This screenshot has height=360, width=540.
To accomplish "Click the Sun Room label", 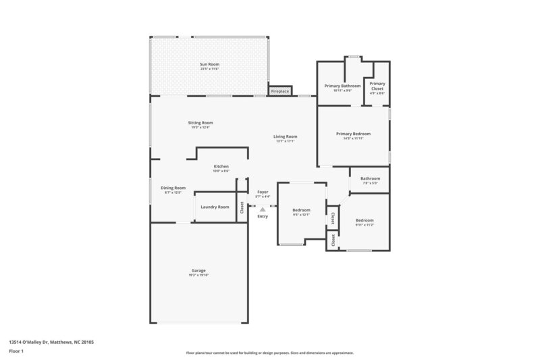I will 209,64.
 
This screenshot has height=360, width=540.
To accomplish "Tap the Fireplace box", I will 279,91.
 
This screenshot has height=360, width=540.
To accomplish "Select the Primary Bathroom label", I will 342,86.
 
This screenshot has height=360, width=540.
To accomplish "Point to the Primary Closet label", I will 377,86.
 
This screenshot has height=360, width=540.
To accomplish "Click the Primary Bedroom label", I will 353,134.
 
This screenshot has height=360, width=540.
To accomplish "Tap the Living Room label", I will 286,136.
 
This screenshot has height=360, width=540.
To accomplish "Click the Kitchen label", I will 221,166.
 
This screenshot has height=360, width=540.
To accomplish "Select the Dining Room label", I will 173,188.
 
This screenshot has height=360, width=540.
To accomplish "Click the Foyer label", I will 263,192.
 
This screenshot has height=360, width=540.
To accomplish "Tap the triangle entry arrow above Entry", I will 263,209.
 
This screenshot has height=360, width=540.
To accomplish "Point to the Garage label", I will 198,270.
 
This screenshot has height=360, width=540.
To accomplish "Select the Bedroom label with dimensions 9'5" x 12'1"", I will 301,210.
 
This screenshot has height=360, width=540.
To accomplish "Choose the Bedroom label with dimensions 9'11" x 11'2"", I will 364,220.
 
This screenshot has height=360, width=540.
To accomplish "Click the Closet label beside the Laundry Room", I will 242,208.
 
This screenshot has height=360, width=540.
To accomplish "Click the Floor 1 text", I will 17,352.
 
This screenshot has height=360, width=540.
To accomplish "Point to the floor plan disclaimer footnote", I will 270,353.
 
